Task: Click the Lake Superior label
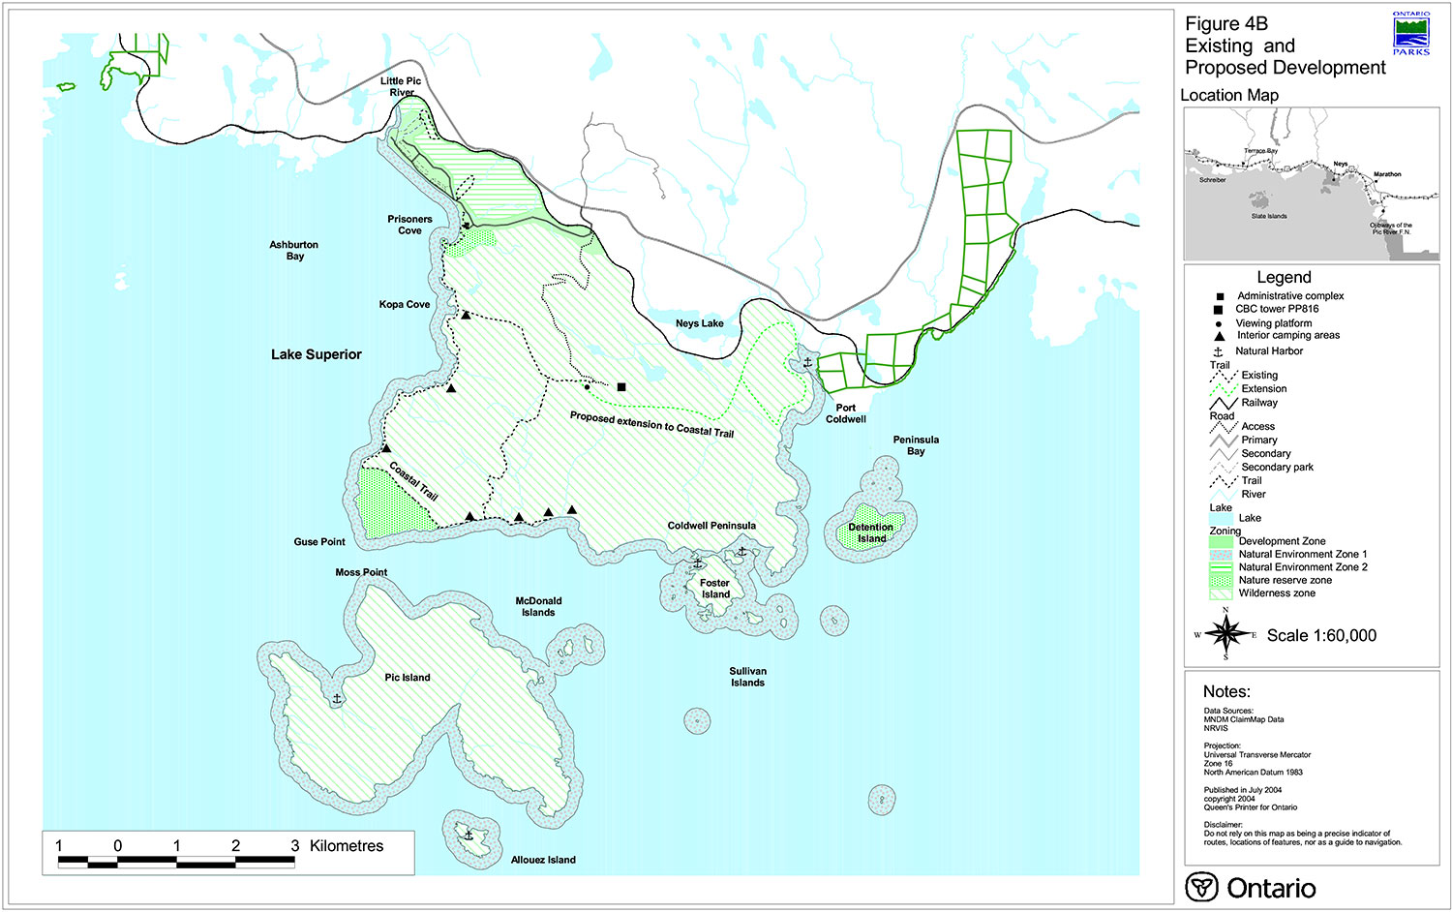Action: (316, 354)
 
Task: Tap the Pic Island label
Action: (407, 678)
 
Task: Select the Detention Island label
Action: (871, 533)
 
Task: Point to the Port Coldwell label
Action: (845, 413)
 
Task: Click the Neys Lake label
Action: (699, 323)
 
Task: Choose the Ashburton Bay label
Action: (294, 251)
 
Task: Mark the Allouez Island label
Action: (542, 860)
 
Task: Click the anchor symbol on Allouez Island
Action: (469, 835)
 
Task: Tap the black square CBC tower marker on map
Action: (621, 387)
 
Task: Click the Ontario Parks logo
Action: (1410, 34)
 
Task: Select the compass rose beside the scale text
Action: (1226, 635)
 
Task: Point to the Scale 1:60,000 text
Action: (1321, 636)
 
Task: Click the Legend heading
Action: (1284, 278)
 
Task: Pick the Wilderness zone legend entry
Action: (1276, 593)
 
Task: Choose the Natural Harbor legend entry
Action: (1268, 351)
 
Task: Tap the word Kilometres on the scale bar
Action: (347, 846)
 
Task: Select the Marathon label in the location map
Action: (1386, 174)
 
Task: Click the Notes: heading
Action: (1226, 692)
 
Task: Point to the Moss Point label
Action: (361, 572)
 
